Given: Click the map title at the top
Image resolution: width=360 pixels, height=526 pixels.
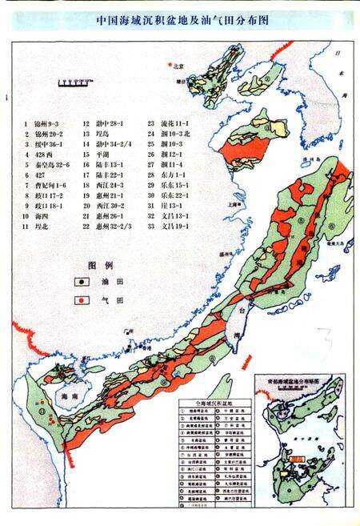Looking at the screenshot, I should click(x=180, y=22).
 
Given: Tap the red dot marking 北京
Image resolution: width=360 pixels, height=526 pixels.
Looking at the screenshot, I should click(x=169, y=64).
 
